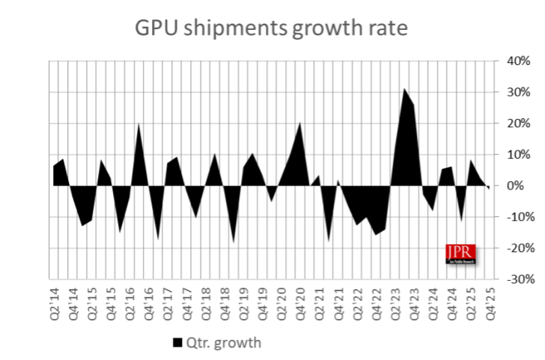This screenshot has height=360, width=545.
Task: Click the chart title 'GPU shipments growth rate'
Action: coord(271,28)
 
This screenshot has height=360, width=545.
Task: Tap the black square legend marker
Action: coord(177,343)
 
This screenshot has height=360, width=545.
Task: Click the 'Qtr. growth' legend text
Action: coord(223,343)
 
